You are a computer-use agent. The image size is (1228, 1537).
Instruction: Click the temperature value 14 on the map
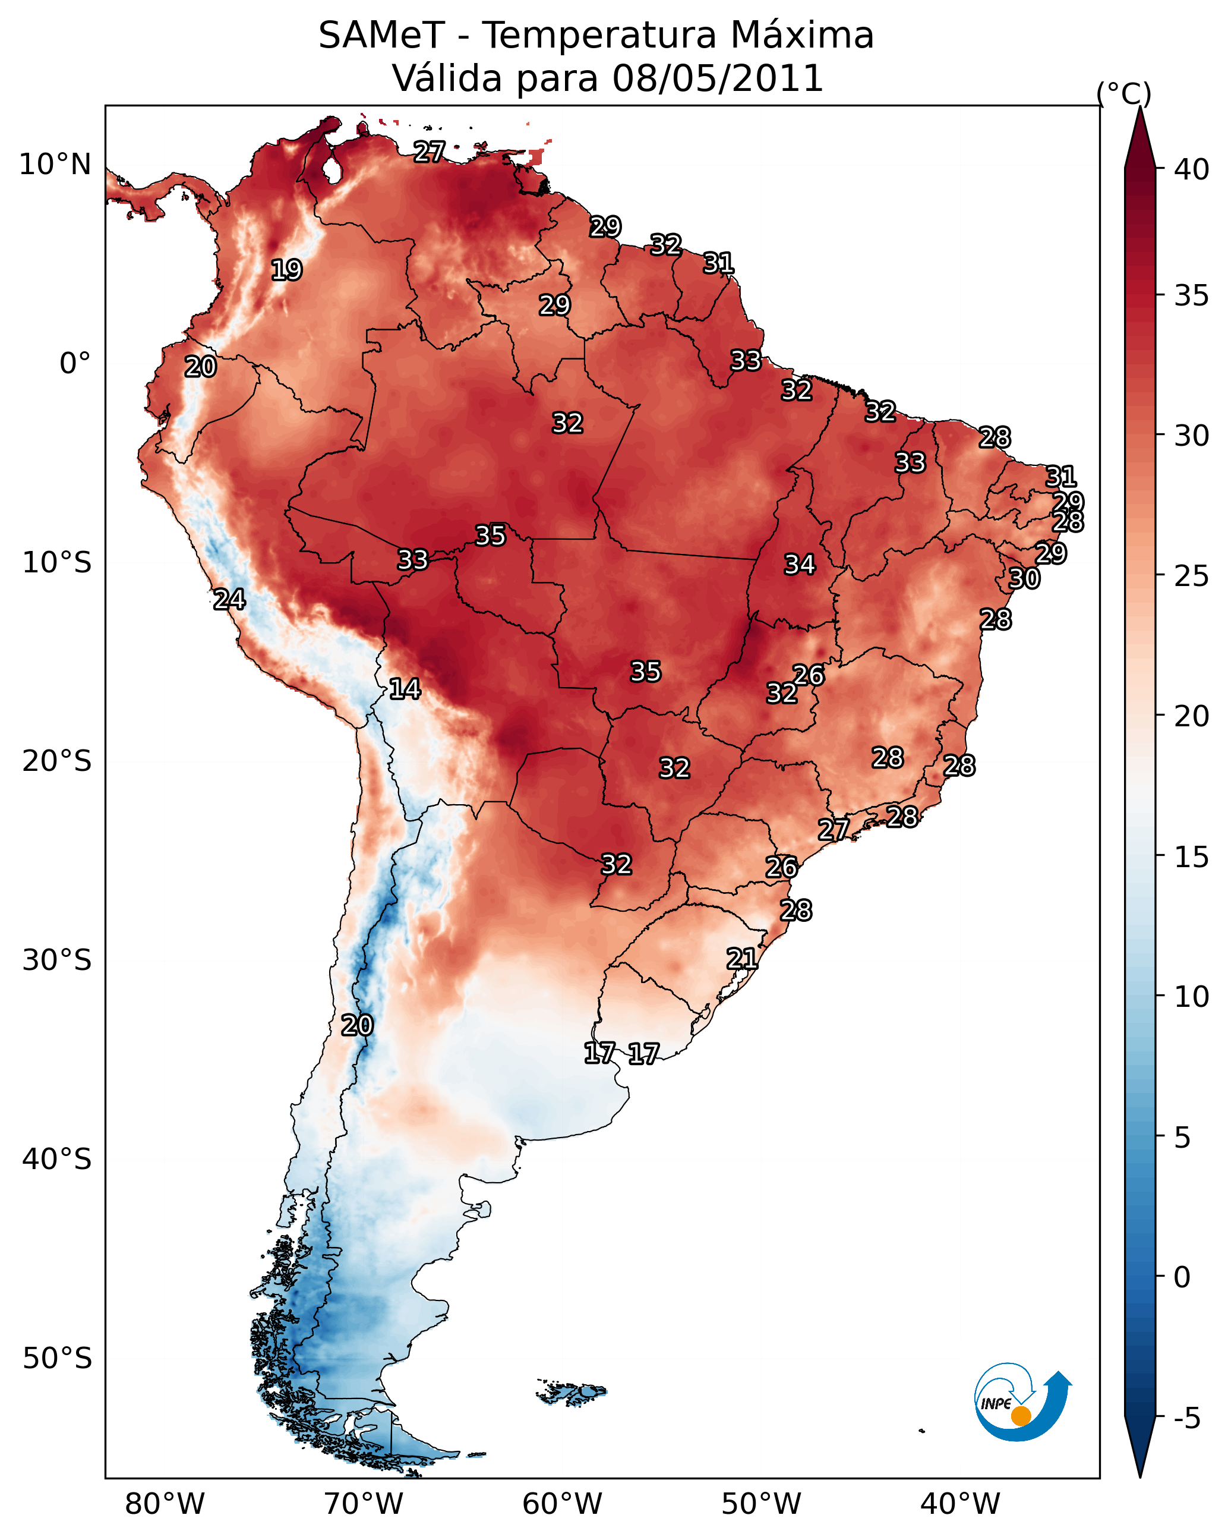[405, 689]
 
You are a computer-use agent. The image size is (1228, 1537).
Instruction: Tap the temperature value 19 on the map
[286, 270]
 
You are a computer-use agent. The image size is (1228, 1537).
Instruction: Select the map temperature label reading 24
[229, 600]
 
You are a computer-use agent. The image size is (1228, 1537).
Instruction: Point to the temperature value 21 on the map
[742, 959]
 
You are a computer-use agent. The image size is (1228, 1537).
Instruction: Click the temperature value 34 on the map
[800, 565]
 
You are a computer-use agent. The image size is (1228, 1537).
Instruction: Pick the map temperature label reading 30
[1024, 579]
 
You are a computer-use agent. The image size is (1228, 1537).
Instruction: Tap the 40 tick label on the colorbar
[1192, 169]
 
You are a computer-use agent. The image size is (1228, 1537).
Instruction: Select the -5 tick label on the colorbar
[1186, 1419]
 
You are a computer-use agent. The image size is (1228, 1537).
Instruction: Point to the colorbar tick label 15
[1192, 857]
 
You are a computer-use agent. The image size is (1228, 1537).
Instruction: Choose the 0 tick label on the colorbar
[1182, 1277]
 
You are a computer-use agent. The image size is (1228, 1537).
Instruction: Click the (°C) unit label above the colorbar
[1124, 93]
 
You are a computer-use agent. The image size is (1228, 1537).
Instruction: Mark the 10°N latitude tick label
[56, 165]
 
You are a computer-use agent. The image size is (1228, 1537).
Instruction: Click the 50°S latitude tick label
[57, 1359]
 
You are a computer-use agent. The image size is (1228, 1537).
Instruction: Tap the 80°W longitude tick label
[165, 1504]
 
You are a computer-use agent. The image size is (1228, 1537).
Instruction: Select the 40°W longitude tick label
[960, 1504]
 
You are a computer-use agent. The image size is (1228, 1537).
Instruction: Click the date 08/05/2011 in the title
[718, 78]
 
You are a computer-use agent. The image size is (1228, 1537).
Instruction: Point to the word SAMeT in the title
[381, 36]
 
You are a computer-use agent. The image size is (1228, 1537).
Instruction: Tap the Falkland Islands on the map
[572, 1393]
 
